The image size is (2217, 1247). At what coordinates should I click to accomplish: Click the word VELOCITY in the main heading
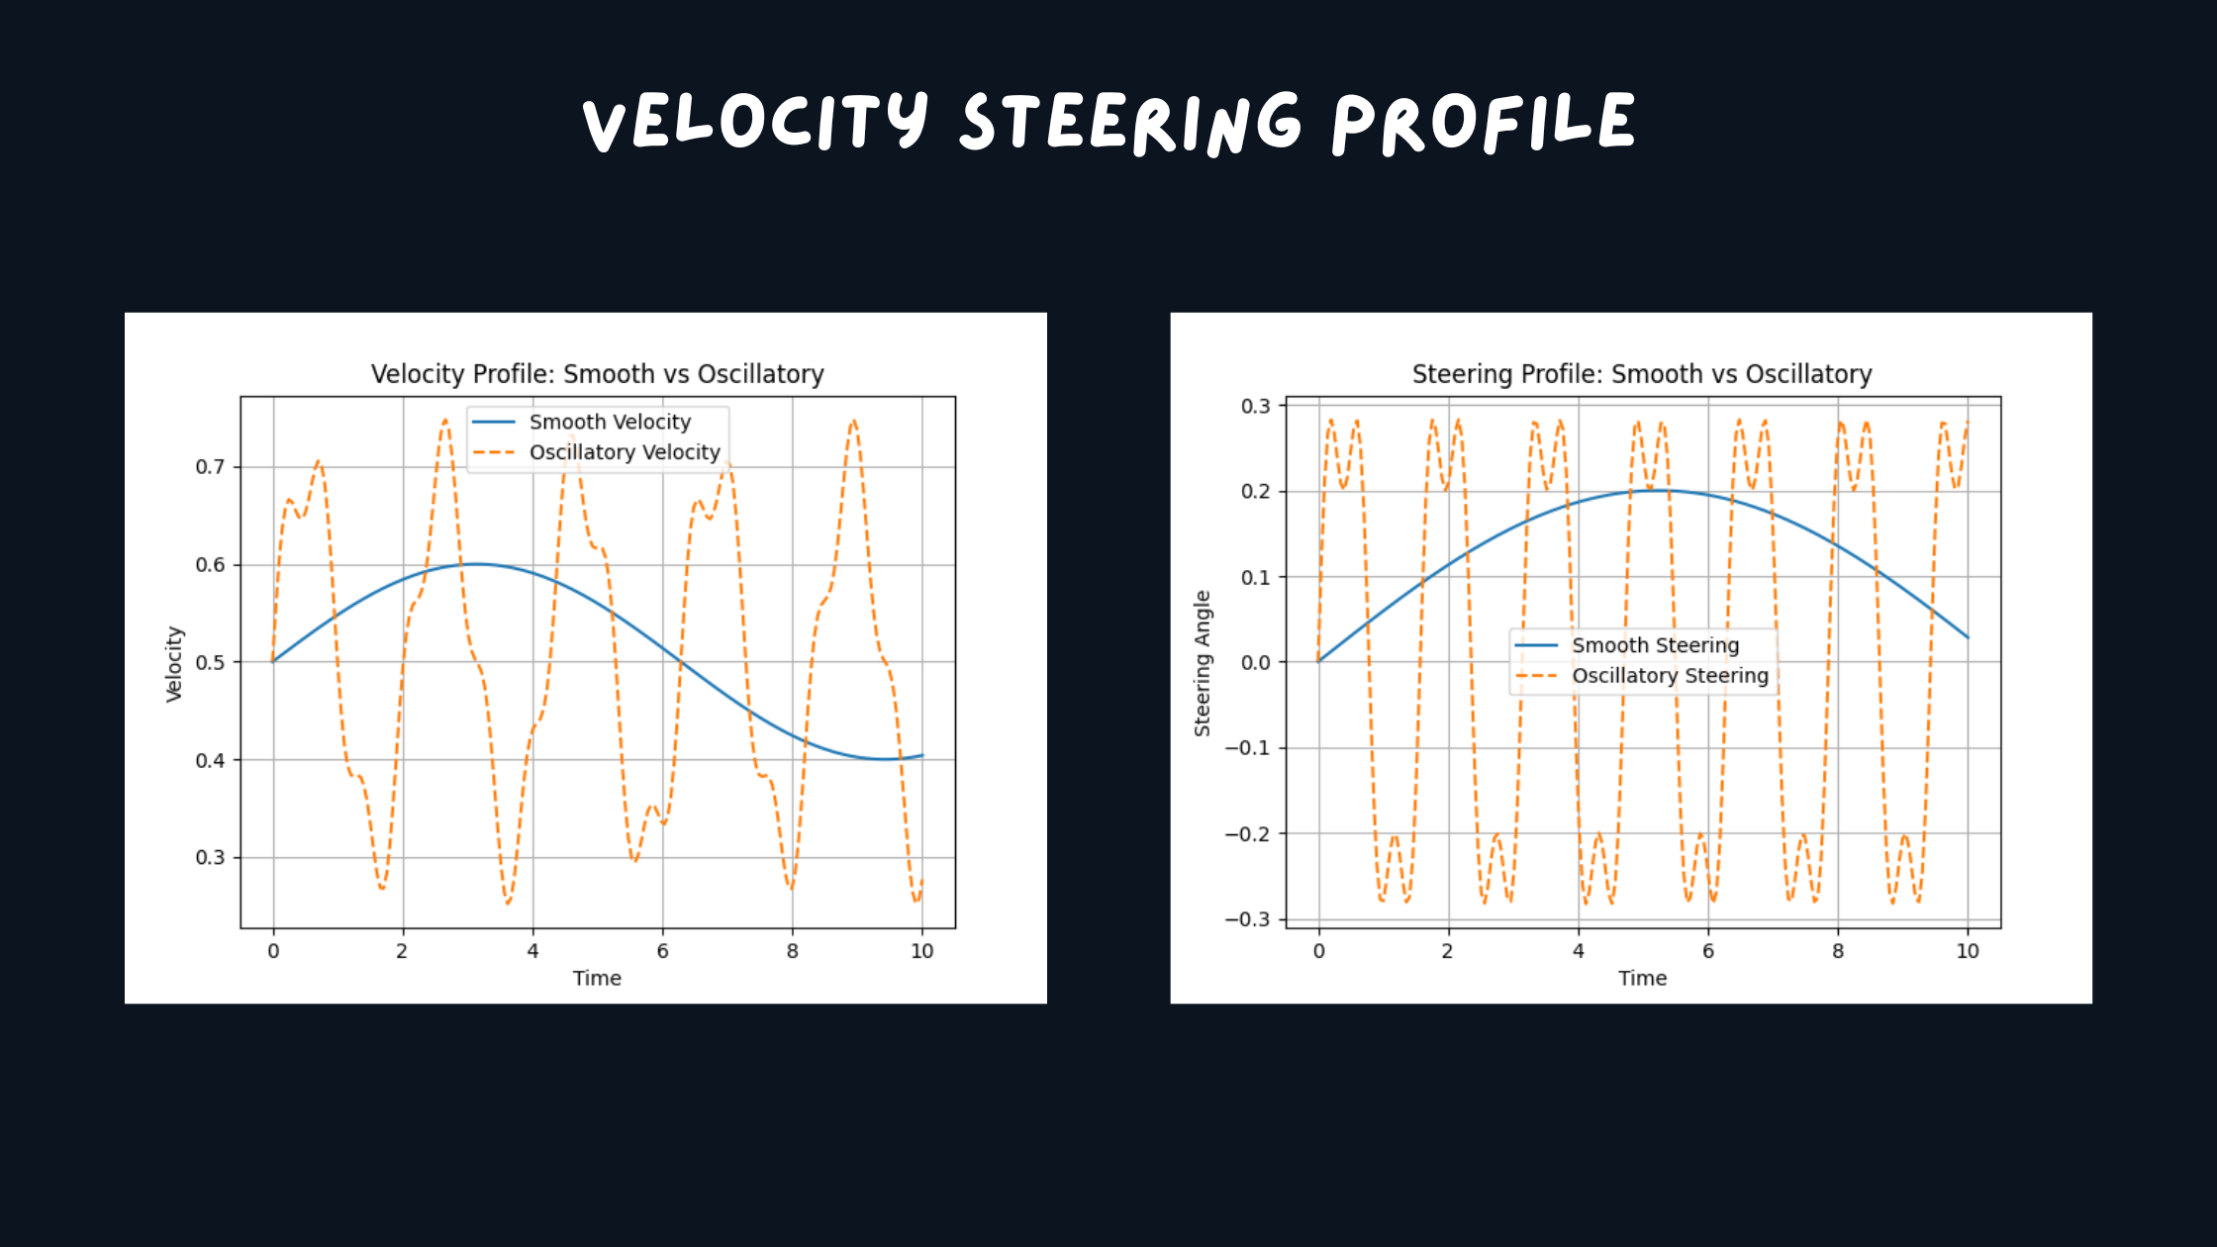click(755, 122)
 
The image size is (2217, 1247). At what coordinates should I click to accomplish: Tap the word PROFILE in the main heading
click(1483, 122)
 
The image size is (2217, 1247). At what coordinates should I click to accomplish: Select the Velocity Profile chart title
click(597, 374)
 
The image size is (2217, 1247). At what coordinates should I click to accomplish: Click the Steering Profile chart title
click(1641, 374)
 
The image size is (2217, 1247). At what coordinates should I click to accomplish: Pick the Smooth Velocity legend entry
click(609, 422)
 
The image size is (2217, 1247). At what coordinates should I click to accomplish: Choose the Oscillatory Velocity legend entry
click(624, 452)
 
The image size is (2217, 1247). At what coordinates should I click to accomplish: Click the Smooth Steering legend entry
click(1654, 645)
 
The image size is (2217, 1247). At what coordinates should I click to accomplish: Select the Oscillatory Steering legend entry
click(1669, 676)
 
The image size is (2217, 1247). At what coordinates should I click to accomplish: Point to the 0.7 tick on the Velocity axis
click(210, 466)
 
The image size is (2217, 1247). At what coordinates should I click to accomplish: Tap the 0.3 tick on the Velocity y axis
click(210, 857)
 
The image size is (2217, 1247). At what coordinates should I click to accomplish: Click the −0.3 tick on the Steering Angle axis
click(1247, 919)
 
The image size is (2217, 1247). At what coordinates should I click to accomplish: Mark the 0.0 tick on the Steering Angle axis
click(1255, 662)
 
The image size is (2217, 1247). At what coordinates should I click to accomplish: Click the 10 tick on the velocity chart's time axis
click(921, 951)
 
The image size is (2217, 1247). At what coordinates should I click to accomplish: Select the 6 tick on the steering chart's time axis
click(1707, 951)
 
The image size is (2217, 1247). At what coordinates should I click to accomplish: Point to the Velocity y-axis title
click(174, 664)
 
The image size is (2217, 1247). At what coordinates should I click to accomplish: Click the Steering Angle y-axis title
click(1202, 663)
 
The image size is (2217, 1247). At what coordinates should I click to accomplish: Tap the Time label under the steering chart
click(1642, 978)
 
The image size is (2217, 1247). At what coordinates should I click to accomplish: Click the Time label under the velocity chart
click(597, 978)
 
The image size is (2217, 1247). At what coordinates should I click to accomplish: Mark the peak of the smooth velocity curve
click(476, 564)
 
